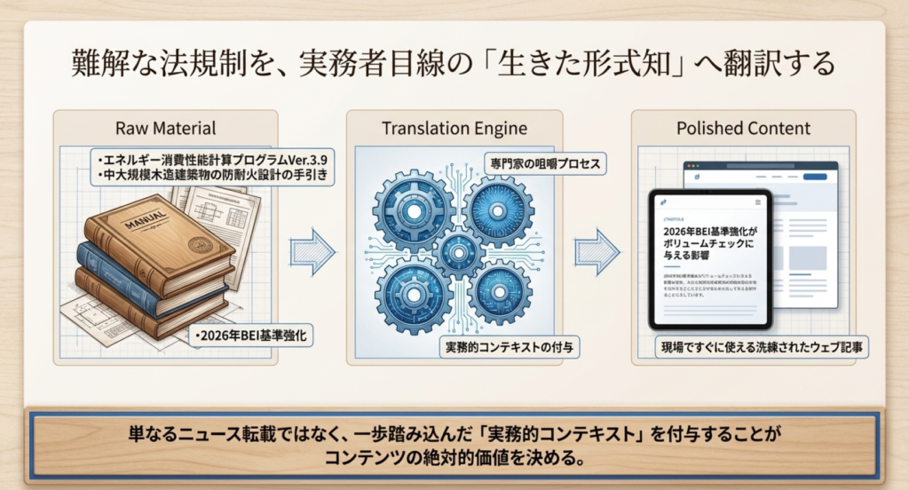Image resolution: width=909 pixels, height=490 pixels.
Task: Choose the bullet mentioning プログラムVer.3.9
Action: [214, 159]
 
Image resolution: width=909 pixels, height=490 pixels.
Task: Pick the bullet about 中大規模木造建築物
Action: [214, 176]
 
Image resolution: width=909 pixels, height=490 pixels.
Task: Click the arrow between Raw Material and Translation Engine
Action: [312, 252]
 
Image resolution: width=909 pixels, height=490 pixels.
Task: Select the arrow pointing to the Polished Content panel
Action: [597, 252]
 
